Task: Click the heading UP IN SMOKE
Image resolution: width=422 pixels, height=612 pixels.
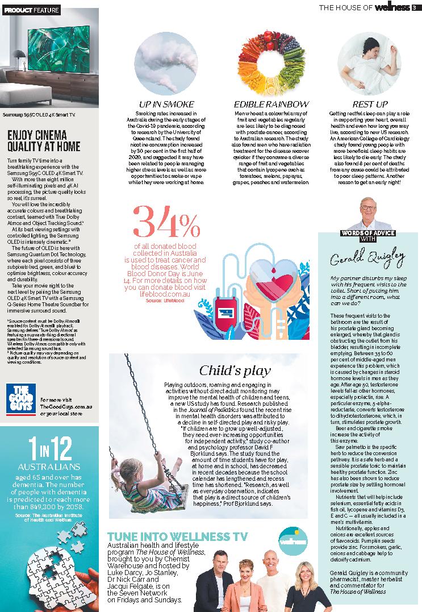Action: [x=166, y=105]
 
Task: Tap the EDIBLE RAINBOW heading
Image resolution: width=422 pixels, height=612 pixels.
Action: [x=271, y=105]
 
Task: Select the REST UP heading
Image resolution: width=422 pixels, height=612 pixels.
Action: [x=370, y=105]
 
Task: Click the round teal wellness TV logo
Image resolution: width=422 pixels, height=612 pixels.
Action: [x=294, y=543]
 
